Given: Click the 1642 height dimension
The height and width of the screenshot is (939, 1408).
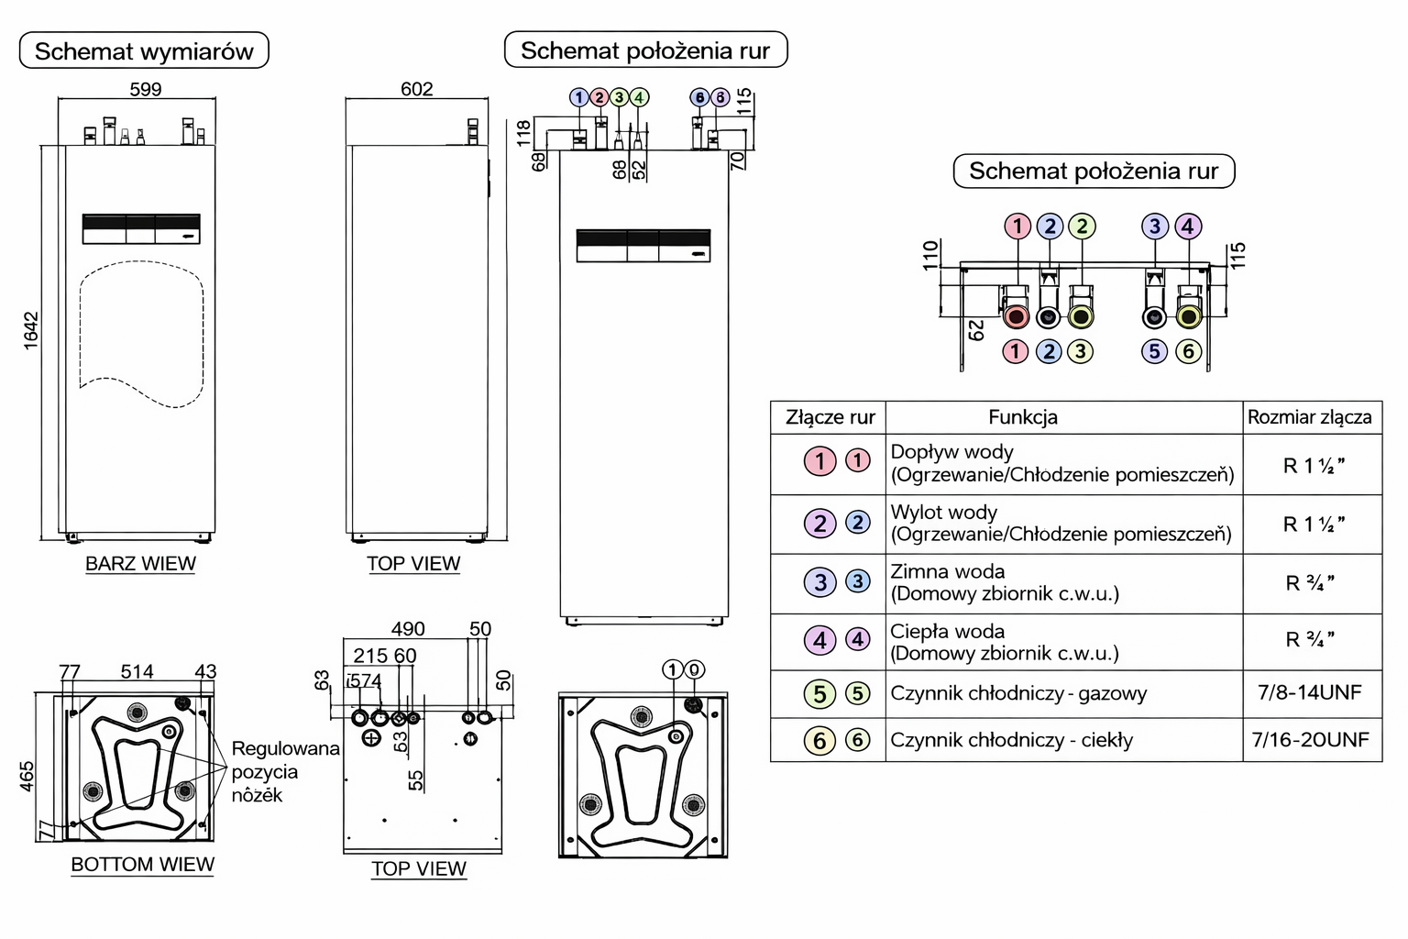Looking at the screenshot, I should [31, 331].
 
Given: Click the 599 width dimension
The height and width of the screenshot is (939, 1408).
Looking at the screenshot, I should [146, 89].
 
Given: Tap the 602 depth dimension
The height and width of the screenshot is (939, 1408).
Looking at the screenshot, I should [417, 89].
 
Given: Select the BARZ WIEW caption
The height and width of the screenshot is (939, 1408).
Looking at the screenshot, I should [140, 564].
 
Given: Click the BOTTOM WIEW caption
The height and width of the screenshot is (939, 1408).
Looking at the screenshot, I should [142, 865].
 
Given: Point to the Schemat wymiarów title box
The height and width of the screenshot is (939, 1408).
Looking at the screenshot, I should [144, 51].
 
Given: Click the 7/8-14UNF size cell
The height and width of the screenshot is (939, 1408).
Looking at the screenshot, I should [1310, 692].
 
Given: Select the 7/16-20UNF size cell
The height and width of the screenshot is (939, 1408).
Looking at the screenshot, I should [1310, 740].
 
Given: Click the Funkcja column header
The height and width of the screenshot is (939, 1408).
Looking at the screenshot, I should [1023, 417].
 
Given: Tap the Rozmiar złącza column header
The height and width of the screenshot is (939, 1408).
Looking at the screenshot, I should [1309, 417].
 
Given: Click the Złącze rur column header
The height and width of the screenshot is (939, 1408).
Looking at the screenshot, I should [830, 417].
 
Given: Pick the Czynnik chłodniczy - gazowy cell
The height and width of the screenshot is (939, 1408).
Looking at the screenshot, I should [1018, 693].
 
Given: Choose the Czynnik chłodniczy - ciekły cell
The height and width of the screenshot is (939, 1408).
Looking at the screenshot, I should [1011, 740].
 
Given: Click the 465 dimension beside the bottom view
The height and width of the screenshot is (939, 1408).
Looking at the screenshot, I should [27, 776].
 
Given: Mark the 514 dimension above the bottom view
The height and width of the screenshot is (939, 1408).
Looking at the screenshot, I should [137, 671].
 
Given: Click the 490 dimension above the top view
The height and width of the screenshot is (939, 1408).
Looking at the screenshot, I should [408, 629].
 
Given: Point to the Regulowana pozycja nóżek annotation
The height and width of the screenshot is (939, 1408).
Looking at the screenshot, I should [285, 771].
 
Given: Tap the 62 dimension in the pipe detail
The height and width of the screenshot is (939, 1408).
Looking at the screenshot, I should [977, 329].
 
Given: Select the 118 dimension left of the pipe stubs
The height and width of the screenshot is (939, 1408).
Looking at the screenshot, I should [523, 132].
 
